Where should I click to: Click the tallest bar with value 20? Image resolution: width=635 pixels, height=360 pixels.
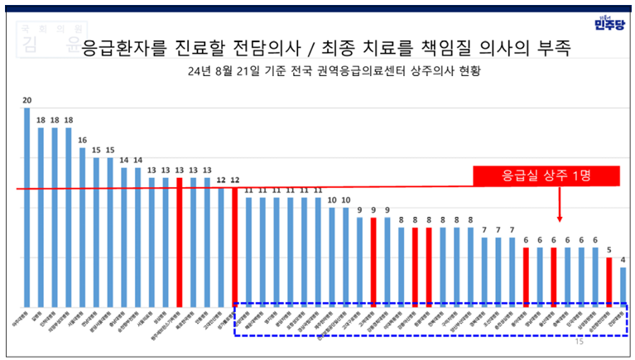tap(26, 207)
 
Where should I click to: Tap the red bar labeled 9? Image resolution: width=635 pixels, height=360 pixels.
tap(374, 262)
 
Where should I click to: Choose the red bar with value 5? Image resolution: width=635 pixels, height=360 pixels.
tap(609, 281)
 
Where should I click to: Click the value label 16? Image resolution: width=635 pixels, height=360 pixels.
tap(82, 140)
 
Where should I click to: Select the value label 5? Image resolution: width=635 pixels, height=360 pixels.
tap(609, 249)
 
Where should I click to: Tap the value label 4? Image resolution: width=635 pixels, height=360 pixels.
tap(623, 259)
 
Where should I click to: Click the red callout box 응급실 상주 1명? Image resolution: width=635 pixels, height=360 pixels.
tap(546, 176)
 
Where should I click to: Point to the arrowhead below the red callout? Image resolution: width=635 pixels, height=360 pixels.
tap(560, 219)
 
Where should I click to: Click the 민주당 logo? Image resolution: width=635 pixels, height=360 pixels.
tap(609, 24)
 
